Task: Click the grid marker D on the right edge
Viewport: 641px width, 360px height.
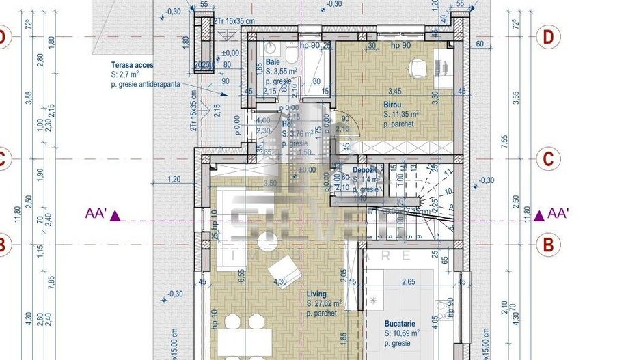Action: [547, 38]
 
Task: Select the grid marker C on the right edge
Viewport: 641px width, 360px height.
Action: [547, 159]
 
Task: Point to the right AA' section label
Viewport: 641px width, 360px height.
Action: [558, 214]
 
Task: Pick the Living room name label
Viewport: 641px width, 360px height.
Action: [316, 293]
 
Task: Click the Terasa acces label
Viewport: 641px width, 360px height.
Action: [133, 66]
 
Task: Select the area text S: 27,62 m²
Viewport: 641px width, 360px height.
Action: [329, 303]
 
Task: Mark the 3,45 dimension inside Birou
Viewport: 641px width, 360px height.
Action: [394, 90]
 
